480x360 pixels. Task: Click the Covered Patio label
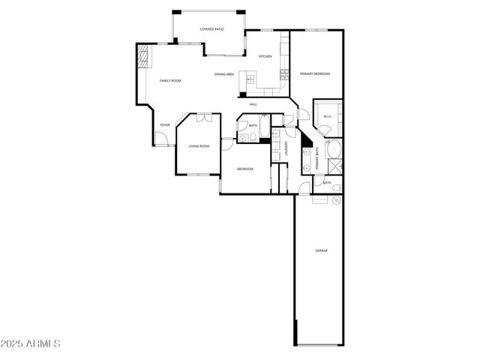212,29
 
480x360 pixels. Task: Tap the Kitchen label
265,57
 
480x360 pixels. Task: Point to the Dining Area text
225,74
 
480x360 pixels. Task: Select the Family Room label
170,80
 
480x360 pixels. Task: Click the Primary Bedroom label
315,74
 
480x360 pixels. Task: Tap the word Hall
253,104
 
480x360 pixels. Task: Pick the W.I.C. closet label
328,116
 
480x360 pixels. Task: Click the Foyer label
164,124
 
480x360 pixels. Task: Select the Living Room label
199,146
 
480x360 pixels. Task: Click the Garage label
321,250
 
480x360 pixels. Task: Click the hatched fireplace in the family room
142,57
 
